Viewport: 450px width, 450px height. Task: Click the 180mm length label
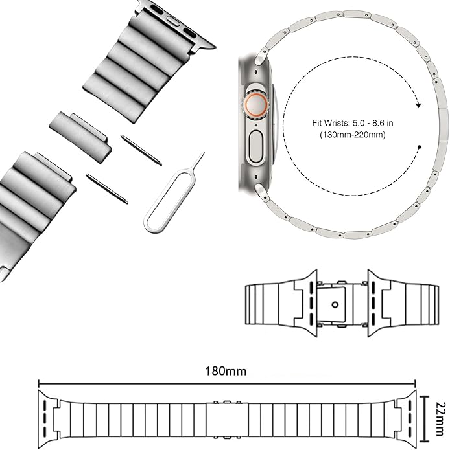coord(225,371)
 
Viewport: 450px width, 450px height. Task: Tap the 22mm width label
coord(440,419)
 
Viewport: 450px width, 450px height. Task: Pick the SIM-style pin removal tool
coord(174,192)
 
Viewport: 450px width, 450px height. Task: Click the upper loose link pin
coord(141,150)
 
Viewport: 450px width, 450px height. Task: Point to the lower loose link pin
coord(106,189)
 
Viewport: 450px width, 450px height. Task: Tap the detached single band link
coord(80,137)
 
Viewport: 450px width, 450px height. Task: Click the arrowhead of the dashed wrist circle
coord(418,105)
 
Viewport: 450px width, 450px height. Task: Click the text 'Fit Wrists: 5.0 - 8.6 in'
coord(353,123)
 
